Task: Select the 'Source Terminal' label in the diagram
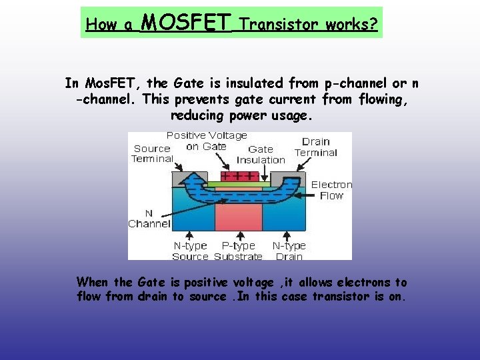152,153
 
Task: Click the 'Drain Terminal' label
315,147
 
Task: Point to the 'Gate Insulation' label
261,155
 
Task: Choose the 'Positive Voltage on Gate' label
207,141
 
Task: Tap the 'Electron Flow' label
331,190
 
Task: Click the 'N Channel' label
149,219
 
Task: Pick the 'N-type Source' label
191,251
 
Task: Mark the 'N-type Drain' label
289,251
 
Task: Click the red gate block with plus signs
238,176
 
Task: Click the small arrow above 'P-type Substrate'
239,235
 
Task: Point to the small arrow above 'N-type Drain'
287,235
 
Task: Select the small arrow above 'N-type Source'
191,235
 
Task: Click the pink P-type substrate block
238,217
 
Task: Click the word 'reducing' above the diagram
198,115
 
